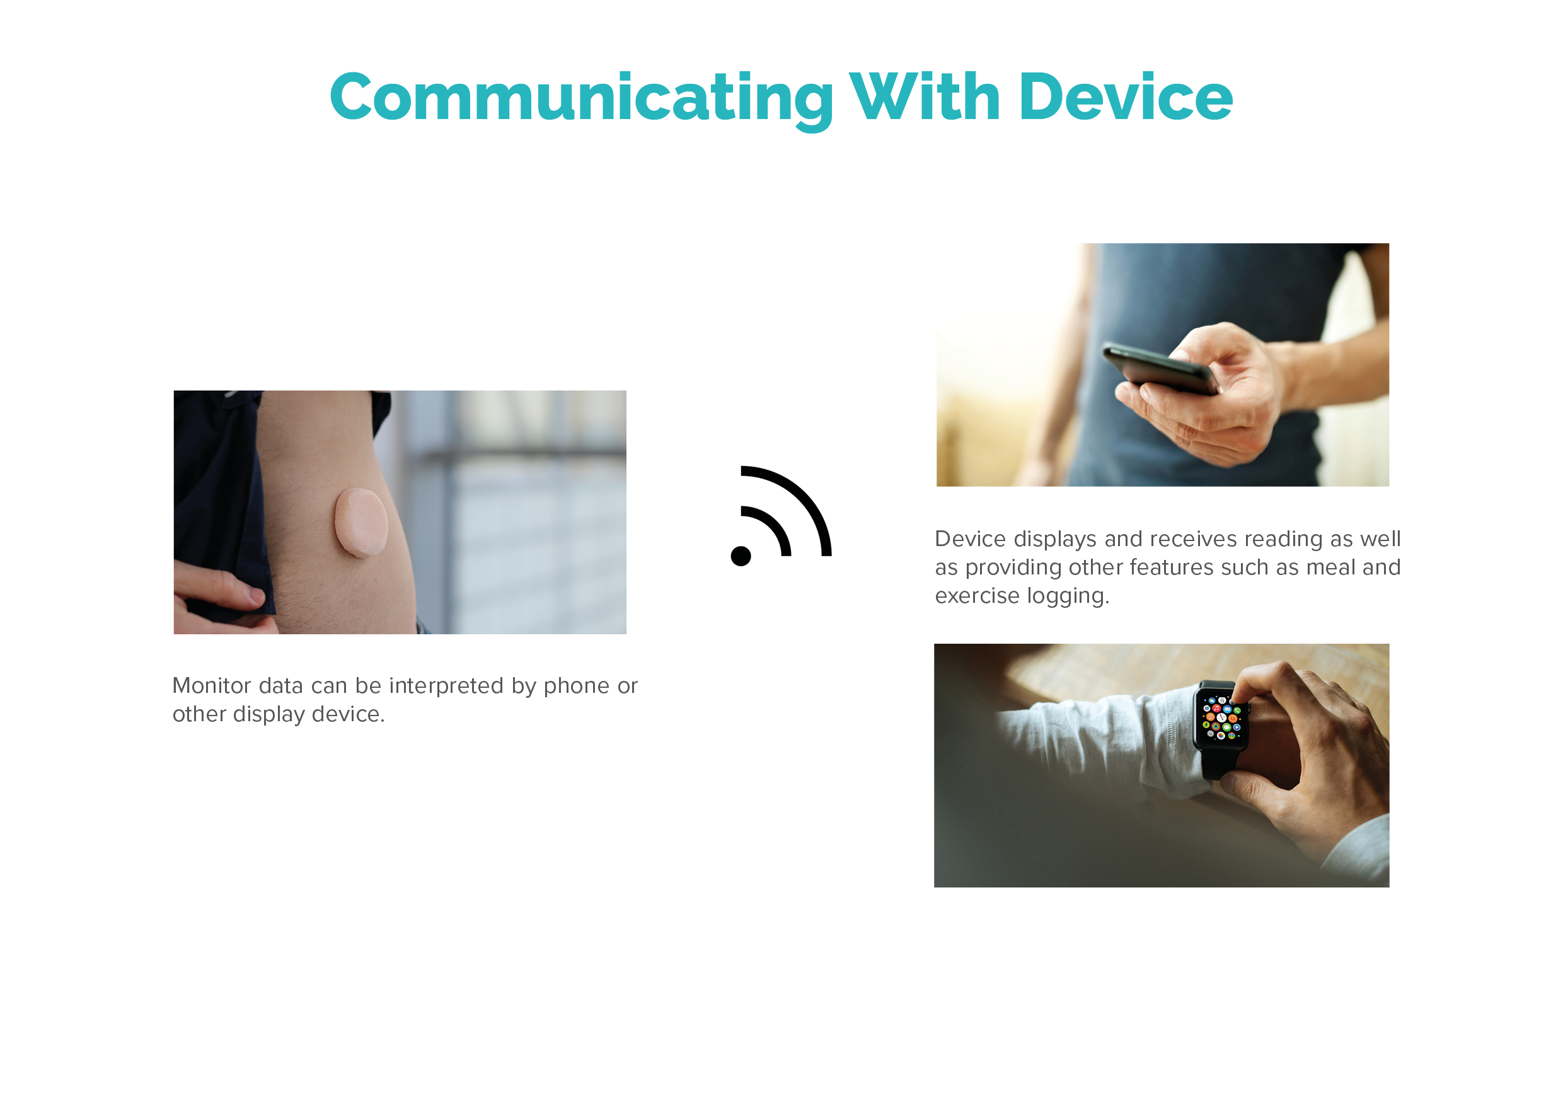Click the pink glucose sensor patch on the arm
tap(360, 522)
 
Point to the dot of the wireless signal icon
tap(741, 556)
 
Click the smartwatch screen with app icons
tap(1222, 717)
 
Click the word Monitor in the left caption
tap(211, 686)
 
